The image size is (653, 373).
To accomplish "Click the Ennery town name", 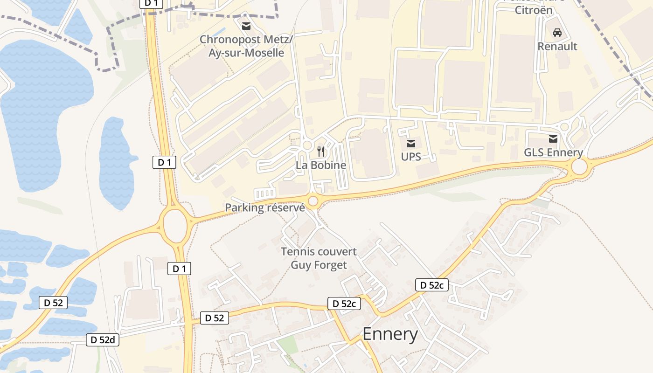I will click(x=390, y=334).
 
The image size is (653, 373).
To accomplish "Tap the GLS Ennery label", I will click(x=553, y=152).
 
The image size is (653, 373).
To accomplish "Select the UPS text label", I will click(x=411, y=157).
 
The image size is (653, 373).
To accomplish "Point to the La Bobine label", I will click(x=321, y=165).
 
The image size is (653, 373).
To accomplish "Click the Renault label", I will click(x=557, y=46).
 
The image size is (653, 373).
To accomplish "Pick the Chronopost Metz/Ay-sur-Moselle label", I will click(x=246, y=46).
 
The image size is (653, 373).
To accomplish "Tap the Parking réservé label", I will click(x=265, y=207).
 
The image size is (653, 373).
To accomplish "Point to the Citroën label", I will click(x=534, y=10).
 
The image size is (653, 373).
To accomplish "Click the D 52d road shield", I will click(x=103, y=340).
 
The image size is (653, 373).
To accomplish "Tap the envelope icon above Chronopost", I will click(x=246, y=26).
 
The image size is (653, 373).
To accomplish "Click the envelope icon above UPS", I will click(x=411, y=143).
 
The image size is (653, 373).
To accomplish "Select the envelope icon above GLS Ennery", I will click(x=553, y=138).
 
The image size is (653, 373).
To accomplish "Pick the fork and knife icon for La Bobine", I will click(x=321, y=151).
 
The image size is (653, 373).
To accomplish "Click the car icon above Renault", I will click(x=557, y=33).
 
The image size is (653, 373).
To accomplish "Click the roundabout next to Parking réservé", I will click(x=313, y=201).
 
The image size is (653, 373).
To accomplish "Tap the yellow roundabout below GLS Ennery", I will click(x=579, y=167).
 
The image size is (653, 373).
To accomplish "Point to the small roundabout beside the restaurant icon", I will click(x=307, y=145).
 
